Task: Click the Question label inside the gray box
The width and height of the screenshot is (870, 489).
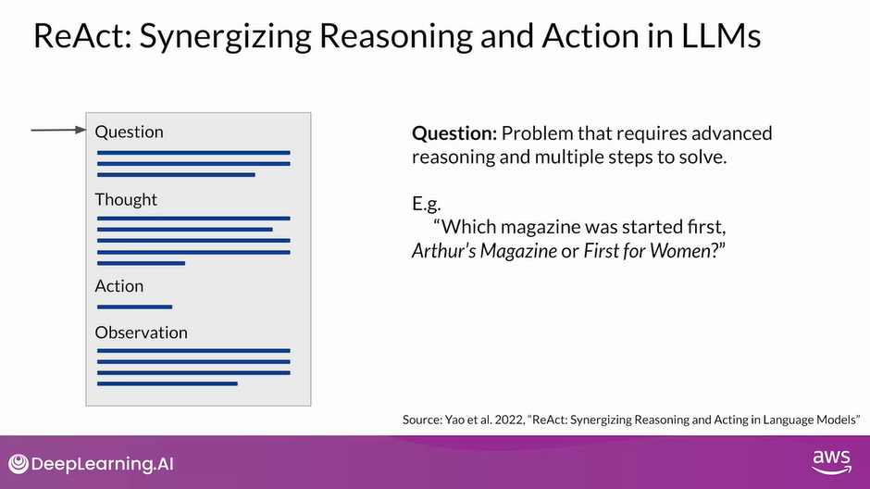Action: [130, 132]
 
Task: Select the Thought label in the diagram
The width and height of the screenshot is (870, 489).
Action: [126, 199]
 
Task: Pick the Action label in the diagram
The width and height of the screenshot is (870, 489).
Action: [119, 286]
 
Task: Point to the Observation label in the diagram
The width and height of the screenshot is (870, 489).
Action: [142, 332]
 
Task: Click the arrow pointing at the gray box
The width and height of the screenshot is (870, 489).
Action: [59, 130]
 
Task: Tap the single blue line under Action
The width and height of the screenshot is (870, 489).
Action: [135, 307]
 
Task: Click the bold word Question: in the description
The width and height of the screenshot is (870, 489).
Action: [454, 133]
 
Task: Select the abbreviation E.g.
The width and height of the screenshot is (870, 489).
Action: [427, 205]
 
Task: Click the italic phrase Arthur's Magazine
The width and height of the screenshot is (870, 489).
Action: [484, 251]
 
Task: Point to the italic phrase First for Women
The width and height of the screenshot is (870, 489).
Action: [647, 251]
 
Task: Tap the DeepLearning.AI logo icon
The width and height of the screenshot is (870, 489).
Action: [19, 464]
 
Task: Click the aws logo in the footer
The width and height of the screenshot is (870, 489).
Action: [832, 462]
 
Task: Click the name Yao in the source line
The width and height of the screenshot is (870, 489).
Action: [454, 420]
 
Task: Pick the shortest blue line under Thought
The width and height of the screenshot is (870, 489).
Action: [141, 263]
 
